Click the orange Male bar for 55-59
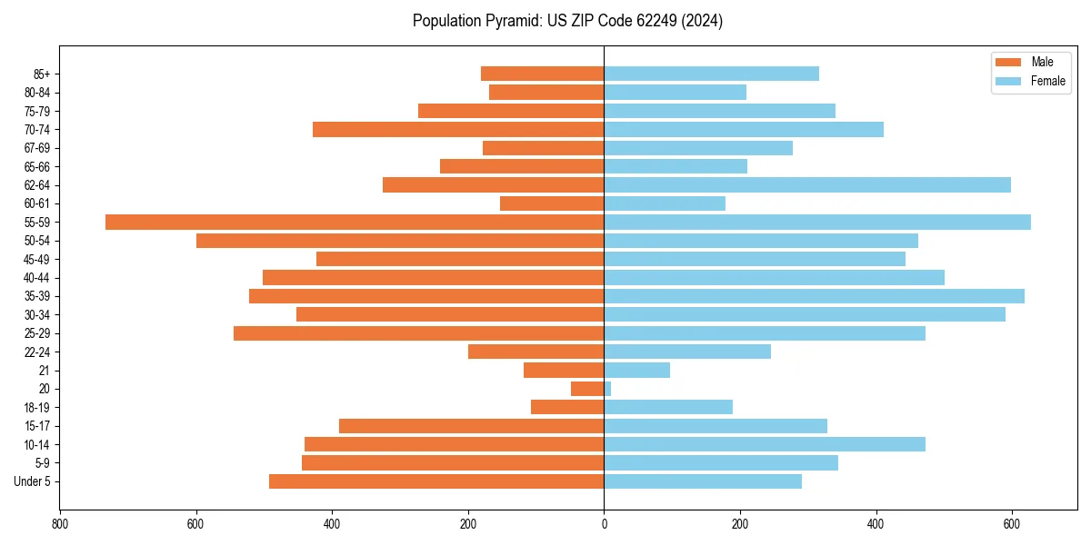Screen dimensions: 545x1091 (355, 223)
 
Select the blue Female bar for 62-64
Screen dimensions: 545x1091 (807, 185)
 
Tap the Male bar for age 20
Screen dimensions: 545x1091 (587, 389)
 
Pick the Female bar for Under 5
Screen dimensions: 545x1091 (703, 481)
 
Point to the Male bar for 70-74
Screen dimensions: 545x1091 (458, 130)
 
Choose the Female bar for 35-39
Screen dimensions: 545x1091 (814, 296)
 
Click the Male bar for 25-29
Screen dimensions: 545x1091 (418, 333)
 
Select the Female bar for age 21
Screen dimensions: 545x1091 (636, 371)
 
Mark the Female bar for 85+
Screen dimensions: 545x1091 (711, 74)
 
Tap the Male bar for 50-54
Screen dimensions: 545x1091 (400, 241)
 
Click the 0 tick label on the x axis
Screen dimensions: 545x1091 (604, 524)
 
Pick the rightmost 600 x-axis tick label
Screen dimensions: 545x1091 (1012, 524)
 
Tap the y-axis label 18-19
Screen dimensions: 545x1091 (37, 408)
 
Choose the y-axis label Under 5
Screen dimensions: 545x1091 (33, 481)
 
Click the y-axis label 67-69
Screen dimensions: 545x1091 (37, 148)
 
